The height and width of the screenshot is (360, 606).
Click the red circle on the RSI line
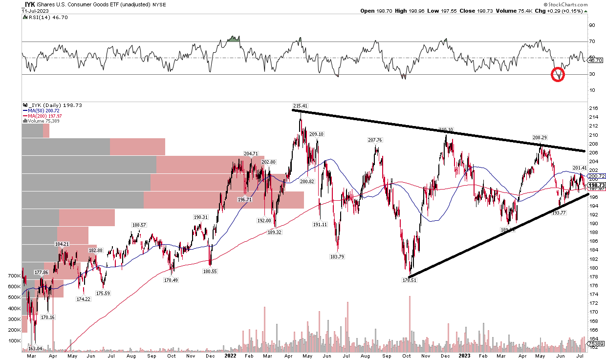(x=558, y=75)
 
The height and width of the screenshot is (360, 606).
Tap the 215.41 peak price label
(x=301, y=106)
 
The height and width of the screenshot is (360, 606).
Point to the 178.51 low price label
(x=409, y=280)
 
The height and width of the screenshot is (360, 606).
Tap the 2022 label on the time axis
(x=230, y=356)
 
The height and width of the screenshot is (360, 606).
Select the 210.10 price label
(x=446, y=130)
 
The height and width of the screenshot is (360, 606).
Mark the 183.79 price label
(x=337, y=256)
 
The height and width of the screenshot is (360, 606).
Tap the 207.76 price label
(x=375, y=140)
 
